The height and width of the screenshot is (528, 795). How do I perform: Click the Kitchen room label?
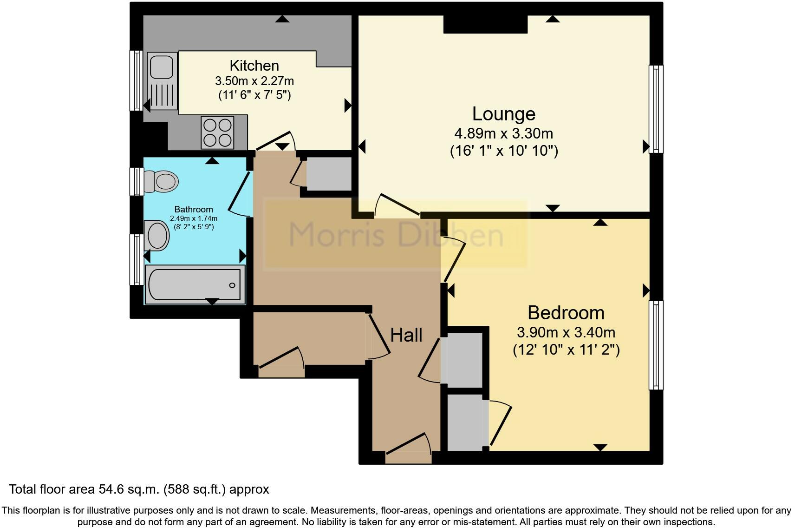pyautogui.click(x=254, y=66)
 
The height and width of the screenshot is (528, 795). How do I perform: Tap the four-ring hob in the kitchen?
pyautogui.click(x=217, y=132)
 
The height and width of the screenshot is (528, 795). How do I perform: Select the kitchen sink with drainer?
pyautogui.click(x=162, y=81)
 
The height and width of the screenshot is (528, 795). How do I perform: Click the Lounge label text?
pyautogui.click(x=504, y=114)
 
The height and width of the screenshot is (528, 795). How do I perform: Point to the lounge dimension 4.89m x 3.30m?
pyautogui.click(x=504, y=133)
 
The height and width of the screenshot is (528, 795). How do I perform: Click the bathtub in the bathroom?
pyautogui.click(x=195, y=284)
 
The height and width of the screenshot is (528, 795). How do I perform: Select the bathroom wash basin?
pyautogui.click(x=156, y=236)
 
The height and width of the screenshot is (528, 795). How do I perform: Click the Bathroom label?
pyautogui.click(x=194, y=209)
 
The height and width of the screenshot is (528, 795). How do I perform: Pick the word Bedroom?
pyautogui.click(x=566, y=313)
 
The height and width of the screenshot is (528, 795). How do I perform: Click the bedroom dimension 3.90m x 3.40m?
pyautogui.click(x=566, y=333)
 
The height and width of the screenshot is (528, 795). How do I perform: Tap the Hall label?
pyautogui.click(x=406, y=335)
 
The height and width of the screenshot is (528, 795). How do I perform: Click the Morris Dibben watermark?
pyautogui.click(x=396, y=235)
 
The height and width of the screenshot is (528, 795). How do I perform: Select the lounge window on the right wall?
pyautogui.click(x=656, y=109)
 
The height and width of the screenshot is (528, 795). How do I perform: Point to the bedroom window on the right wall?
pyautogui.click(x=656, y=345)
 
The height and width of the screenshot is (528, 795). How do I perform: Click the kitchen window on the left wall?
pyautogui.click(x=136, y=81)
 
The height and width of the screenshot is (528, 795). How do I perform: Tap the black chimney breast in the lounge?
pyautogui.click(x=486, y=25)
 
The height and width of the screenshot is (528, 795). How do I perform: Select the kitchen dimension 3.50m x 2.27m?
pyautogui.click(x=254, y=81)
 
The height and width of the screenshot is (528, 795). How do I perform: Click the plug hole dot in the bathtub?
pyautogui.click(x=232, y=285)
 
